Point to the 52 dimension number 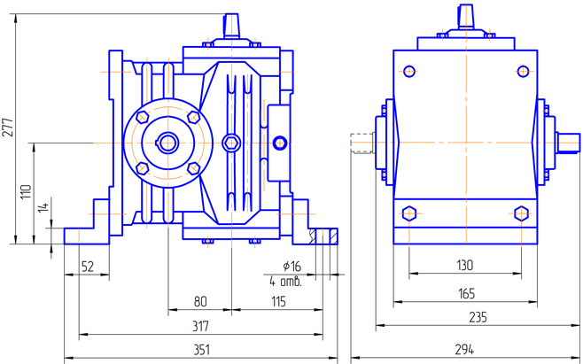pos(87,266)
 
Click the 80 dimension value pos(200,302)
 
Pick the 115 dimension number pos(278,302)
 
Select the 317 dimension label pos(200,326)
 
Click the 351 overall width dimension pos(201,350)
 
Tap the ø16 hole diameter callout pos(291,266)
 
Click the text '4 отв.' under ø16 pos(285,281)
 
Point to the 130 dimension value pos(465,265)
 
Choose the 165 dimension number pos(465,292)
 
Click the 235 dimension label pos(465,316)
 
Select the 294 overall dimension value pos(465,348)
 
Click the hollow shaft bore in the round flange pos(167,141)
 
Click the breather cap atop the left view pos(232,26)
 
